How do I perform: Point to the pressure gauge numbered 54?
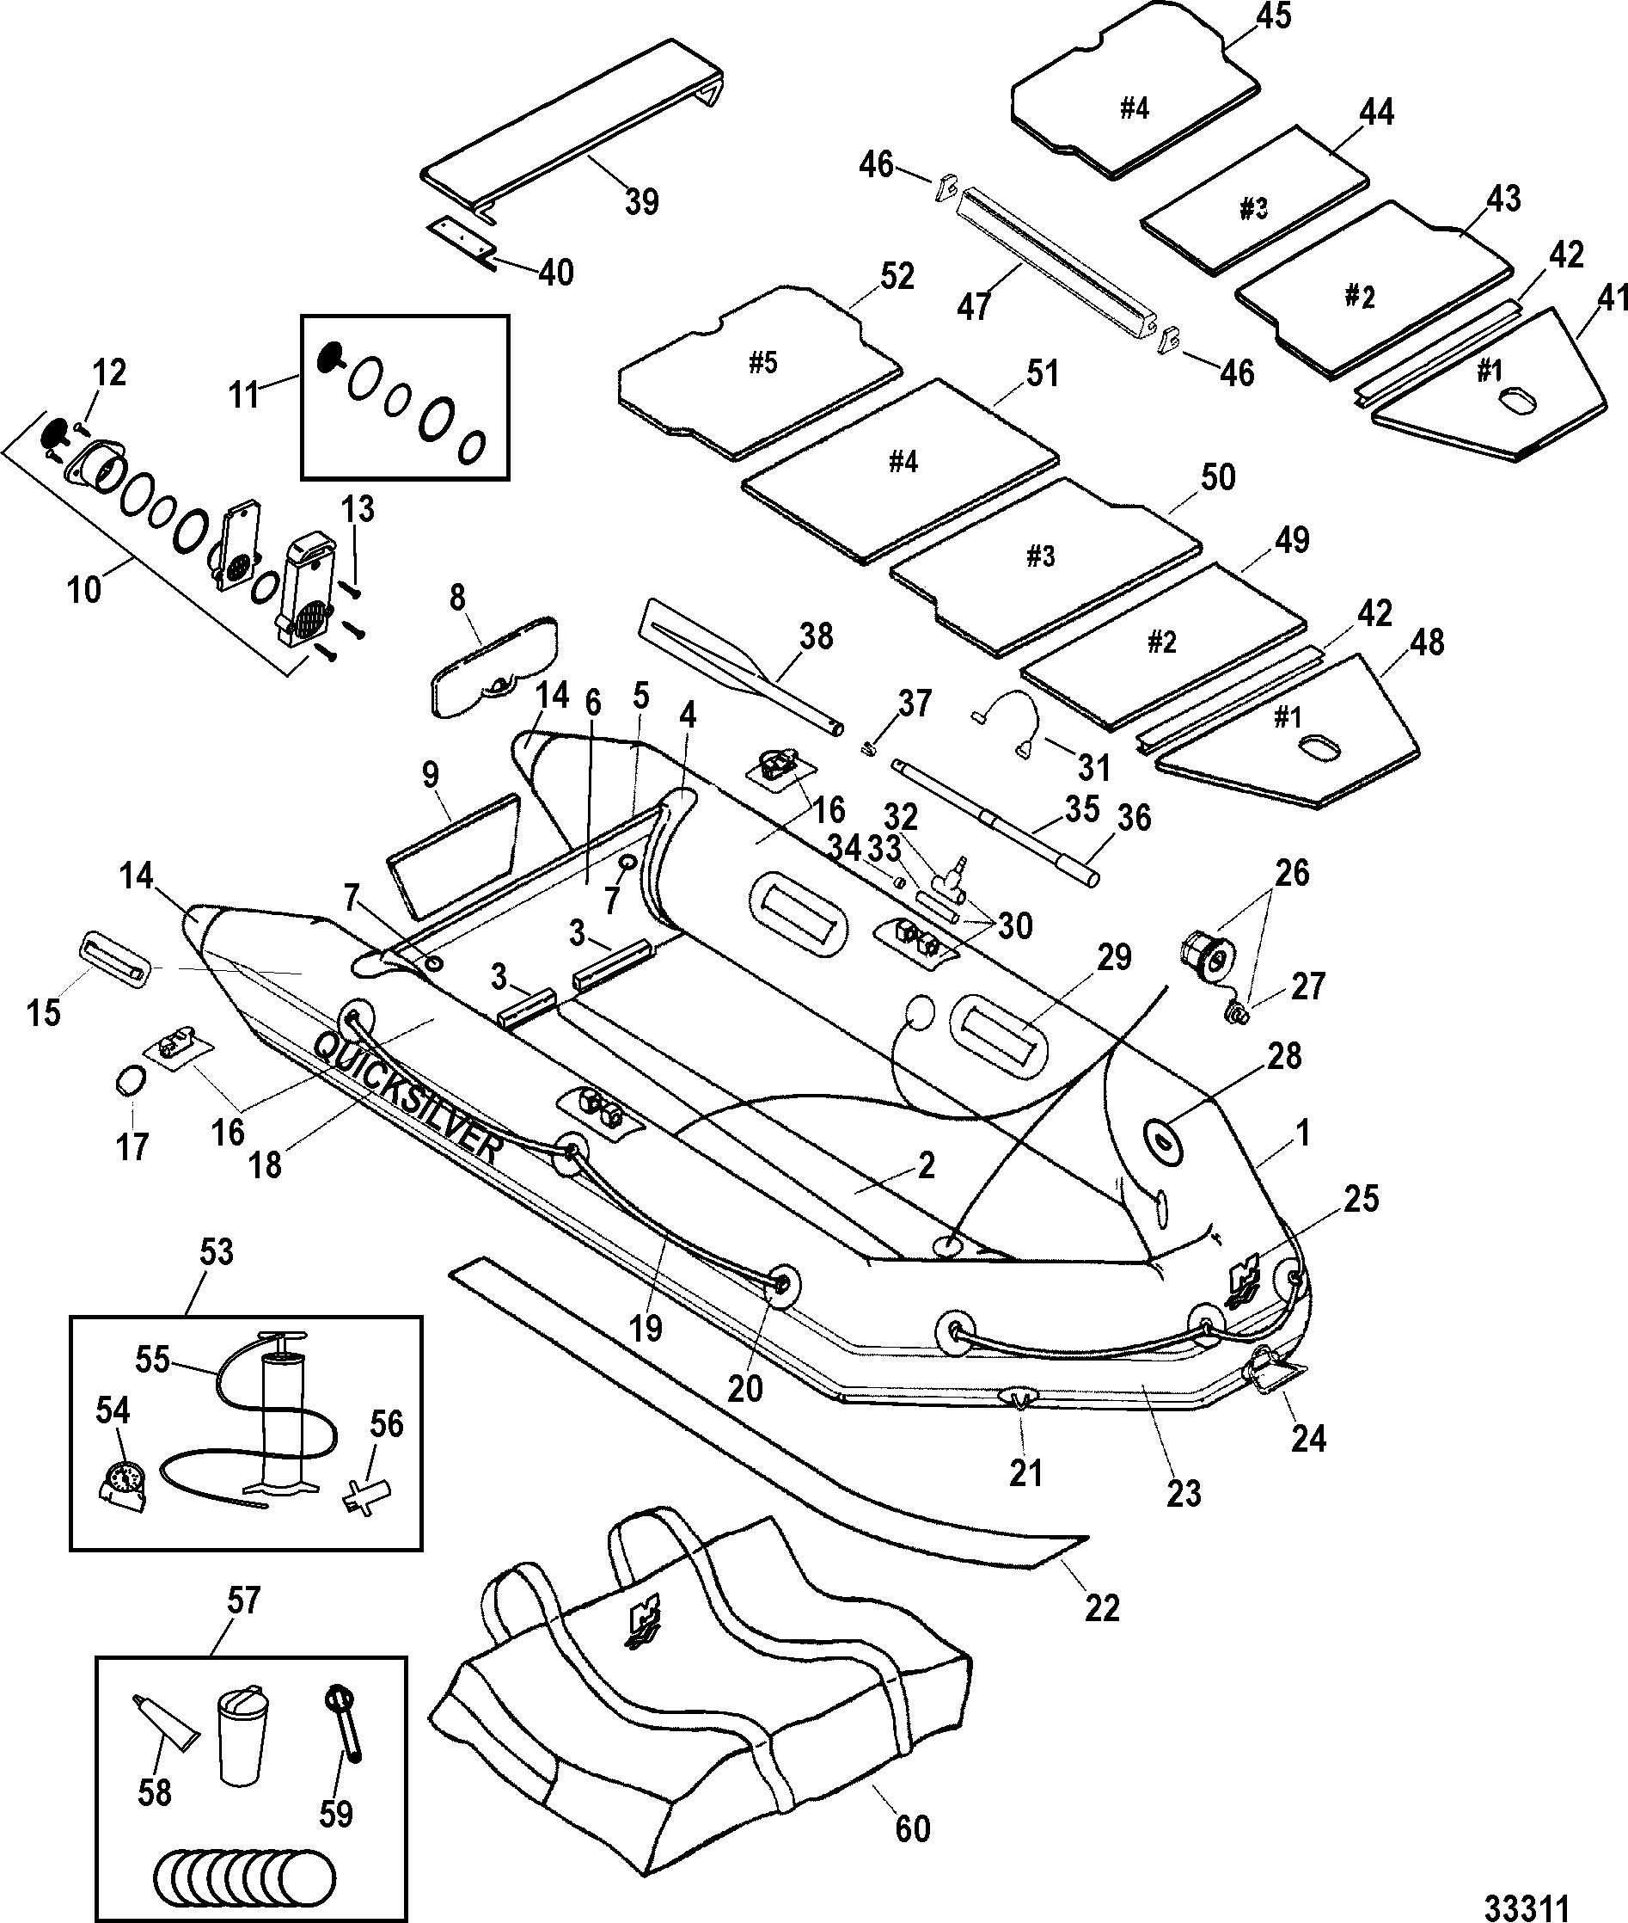[x=123, y=1485]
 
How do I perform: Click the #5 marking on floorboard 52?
[x=762, y=363]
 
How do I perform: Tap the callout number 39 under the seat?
[x=641, y=201]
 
